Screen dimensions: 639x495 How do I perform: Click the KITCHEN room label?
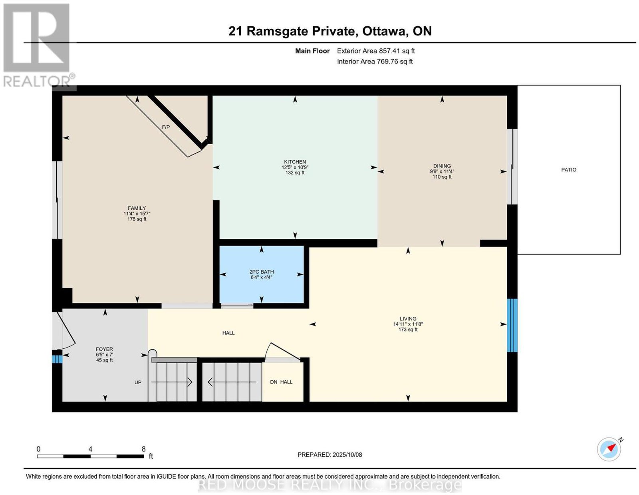pos(295,162)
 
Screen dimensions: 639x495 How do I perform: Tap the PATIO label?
pos(568,170)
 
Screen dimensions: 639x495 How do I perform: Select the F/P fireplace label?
pos(166,127)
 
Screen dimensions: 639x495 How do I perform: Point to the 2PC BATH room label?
pos(262,272)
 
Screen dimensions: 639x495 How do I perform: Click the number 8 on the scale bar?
pos(143,449)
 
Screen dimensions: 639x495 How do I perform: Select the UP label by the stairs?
pos(138,382)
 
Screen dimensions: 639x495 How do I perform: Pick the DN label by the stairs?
pos(274,382)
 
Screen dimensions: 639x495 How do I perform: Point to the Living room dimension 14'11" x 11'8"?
pos(408,324)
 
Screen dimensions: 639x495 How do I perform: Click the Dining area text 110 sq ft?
pos(442,177)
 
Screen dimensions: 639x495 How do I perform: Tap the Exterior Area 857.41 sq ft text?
pos(376,51)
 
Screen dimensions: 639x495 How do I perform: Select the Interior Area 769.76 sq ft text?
pos(375,62)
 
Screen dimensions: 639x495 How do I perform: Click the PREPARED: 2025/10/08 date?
pos(329,455)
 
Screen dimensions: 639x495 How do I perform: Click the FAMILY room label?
pos(137,208)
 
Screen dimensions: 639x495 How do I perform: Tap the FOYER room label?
pos(104,349)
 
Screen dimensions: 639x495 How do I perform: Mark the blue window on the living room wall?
pos(512,325)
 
